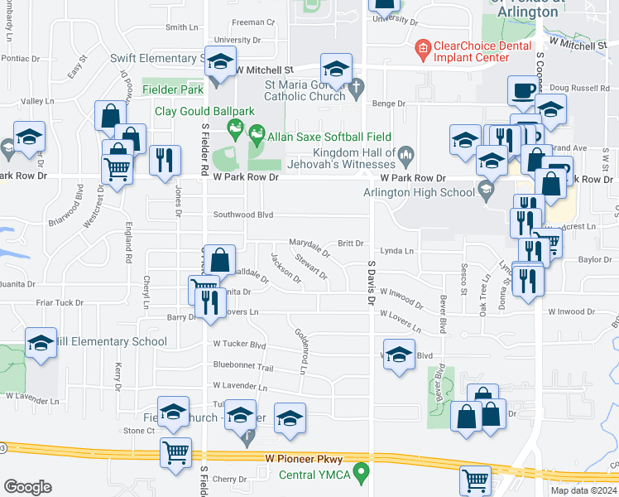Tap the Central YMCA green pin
tap(361, 473)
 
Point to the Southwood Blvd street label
tap(243, 214)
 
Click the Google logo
tap(27, 487)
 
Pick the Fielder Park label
tap(172, 89)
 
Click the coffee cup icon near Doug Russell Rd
tap(523, 91)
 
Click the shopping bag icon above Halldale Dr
tap(220, 259)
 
